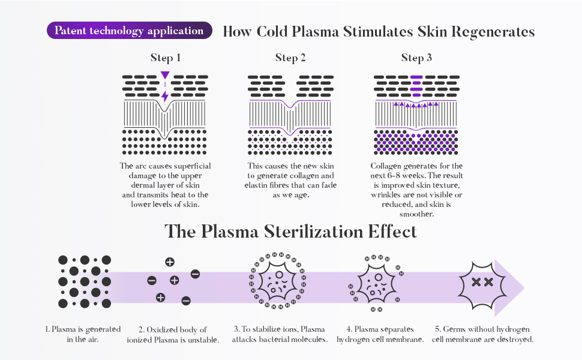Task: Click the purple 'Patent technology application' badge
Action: pyautogui.click(x=129, y=31)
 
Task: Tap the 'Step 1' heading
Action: pyautogui.click(x=166, y=58)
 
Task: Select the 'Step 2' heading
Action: pyautogui.click(x=291, y=58)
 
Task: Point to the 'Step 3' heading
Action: pyautogui.click(x=416, y=58)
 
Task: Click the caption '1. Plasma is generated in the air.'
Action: pyautogui.click(x=83, y=334)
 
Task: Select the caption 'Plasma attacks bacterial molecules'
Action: pyautogui.click(x=280, y=334)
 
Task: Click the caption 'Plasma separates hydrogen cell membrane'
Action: pyautogui.click(x=380, y=334)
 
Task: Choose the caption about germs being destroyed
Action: pyautogui.click(x=482, y=334)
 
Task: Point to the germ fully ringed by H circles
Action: pyautogui.click(x=278, y=280)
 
